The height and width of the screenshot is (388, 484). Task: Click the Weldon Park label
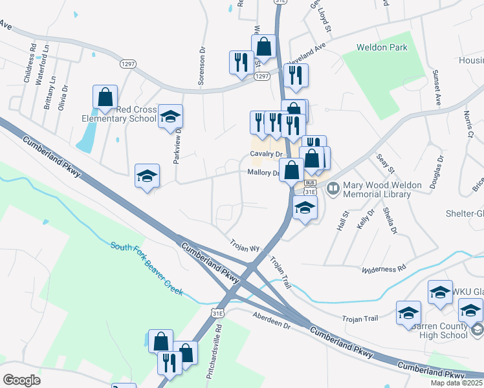[x=382, y=48]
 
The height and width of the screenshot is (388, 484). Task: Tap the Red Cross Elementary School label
[x=119, y=114]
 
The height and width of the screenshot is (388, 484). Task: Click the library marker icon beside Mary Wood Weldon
[x=333, y=189]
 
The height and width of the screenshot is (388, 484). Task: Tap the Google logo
[x=22, y=380]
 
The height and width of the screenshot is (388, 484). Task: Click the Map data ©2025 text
[x=457, y=383]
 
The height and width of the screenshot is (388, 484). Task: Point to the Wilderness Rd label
[x=384, y=268]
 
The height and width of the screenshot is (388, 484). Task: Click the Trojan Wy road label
[x=245, y=246]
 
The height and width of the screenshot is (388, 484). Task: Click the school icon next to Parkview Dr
[x=170, y=117]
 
